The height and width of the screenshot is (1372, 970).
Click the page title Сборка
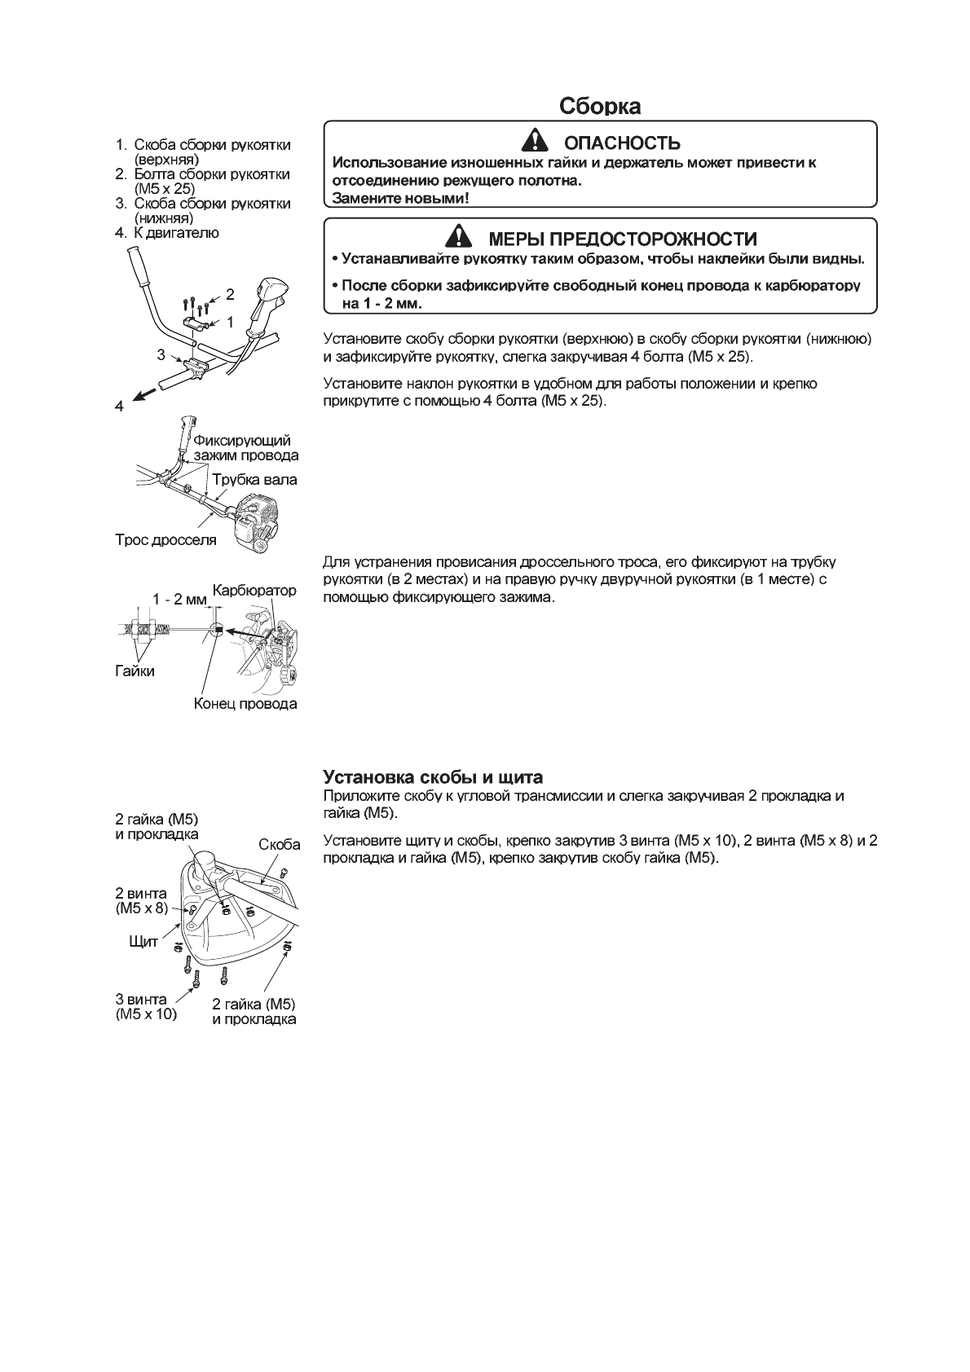tap(600, 106)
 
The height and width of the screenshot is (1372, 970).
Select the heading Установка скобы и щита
tap(433, 776)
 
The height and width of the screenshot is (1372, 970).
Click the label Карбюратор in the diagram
tap(254, 589)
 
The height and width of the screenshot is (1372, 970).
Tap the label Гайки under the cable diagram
tap(134, 671)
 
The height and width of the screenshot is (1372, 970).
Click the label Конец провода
tap(245, 703)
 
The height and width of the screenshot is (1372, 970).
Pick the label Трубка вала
tap(254, 480)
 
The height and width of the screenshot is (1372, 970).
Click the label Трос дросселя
tap(165, 539)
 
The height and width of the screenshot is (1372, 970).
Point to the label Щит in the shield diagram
tap(143, 942)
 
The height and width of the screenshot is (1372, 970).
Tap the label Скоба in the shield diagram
tap(280, 845)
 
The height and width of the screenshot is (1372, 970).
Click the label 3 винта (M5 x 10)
tap(146, 1007)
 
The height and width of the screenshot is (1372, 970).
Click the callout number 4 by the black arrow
tap(119, 406)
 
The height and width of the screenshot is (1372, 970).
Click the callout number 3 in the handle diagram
tap(161, 355)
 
